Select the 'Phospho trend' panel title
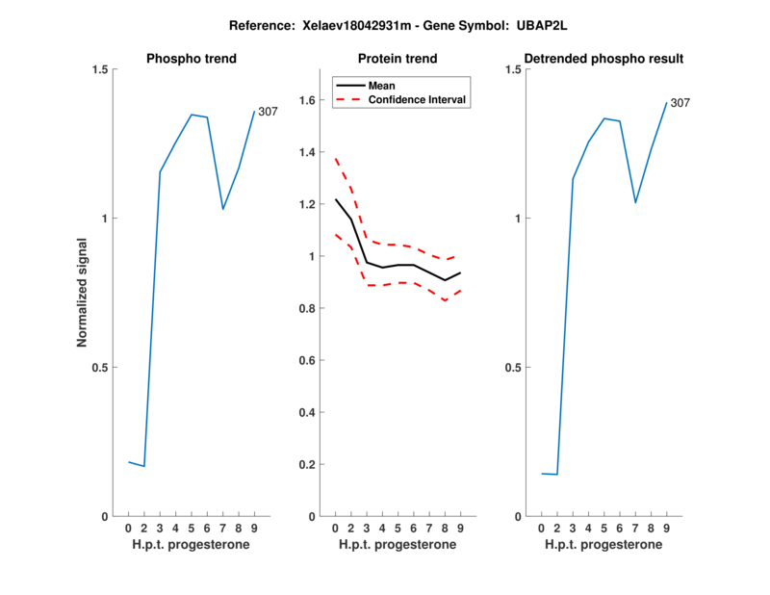click(x=192, y=59)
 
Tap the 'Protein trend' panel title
click(x=398, y=59)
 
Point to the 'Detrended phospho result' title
click(x=603, y=59)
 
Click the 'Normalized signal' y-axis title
click(x=83, y=293)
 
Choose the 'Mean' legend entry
click(x=381, y=85)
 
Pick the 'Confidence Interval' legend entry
click(x=417, y=98)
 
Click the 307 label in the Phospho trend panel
click(x=268, y=112)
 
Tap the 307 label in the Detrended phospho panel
click(x=680, y=103)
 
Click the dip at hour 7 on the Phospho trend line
click(x=223, y=209)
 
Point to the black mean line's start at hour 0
click(x=335, y=199)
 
